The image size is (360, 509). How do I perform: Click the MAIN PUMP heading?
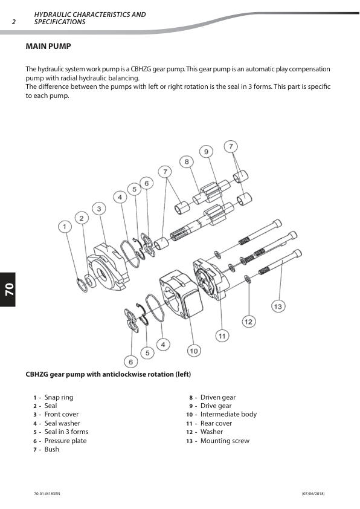tap(48, 47)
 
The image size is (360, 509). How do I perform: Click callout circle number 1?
tap(65, 226)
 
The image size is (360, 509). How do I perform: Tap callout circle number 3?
tap(99, 209)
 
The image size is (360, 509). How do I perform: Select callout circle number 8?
tap(187, 161)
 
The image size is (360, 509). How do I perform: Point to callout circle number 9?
tap(206, 152)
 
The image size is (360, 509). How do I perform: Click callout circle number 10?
tap(194, 351)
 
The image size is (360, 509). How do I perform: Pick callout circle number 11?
tap(222, 336)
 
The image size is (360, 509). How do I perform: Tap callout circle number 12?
tap(248, 322)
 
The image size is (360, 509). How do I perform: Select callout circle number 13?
tap(278, 306)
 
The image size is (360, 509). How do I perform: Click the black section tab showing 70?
tap(8, 289)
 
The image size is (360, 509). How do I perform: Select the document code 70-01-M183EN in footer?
tap(47, 494)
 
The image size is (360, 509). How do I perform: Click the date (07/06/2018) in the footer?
tap(313, 494)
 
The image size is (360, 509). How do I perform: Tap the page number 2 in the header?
tap(14, 22)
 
